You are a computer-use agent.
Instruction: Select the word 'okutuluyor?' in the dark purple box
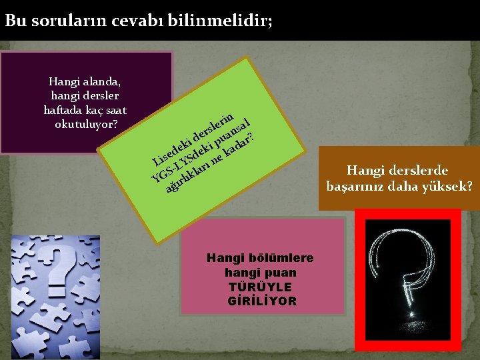[x=85, y=124]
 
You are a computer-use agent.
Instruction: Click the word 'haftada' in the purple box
[x=64, y=110]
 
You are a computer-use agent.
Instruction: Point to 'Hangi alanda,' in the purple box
[x=85, y=82]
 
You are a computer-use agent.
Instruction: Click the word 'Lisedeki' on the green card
[x=171, y=147]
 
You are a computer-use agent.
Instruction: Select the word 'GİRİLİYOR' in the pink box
[x=262, y=301]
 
